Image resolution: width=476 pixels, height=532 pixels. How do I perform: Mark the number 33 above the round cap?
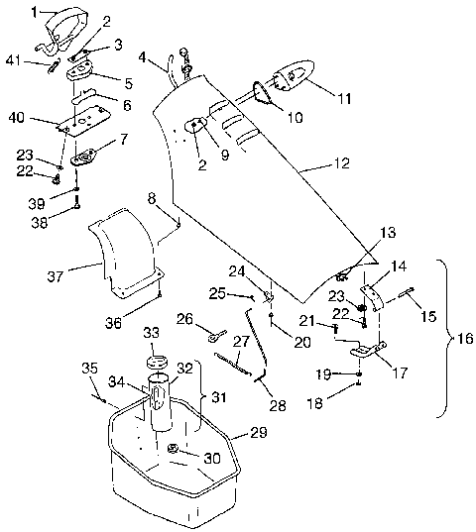click(x=152, y=331)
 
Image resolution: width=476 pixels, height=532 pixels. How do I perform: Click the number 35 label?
click(x=89, y=369)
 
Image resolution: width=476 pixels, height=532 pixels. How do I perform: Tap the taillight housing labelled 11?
click(x=288, y=74)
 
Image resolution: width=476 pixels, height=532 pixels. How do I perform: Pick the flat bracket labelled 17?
click(x=368, y=350)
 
